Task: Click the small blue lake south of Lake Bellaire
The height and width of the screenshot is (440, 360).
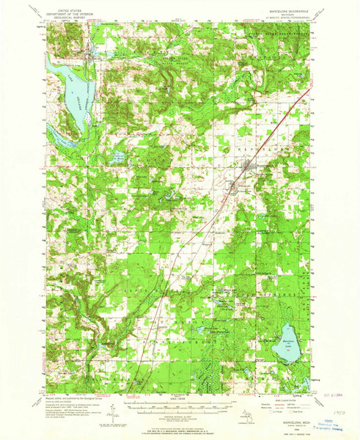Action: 116,155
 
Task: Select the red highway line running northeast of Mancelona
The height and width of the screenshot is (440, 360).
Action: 290,110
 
